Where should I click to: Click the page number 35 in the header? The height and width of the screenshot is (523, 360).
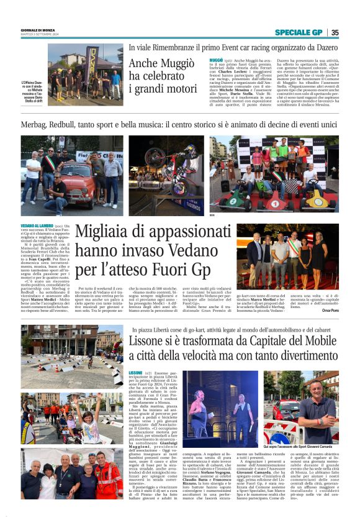coord(335,32)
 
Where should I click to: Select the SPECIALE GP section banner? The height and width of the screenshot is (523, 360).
coord(299,32)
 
